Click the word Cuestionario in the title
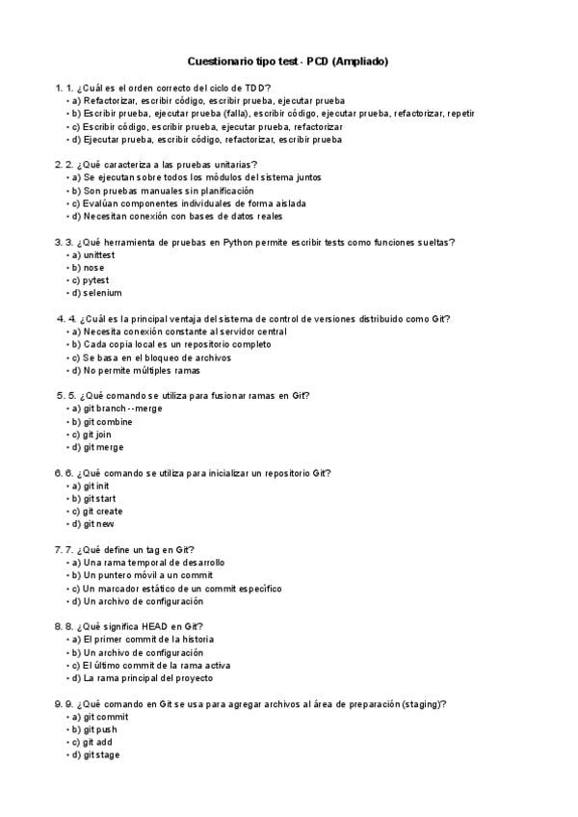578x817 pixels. coord(218,62)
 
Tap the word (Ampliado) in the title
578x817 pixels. coord(360,62)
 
